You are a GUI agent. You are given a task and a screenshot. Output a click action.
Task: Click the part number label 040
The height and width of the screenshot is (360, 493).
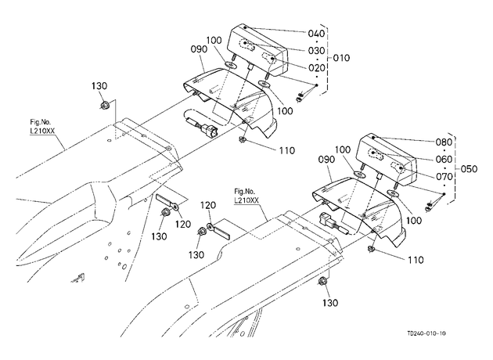[316, 34]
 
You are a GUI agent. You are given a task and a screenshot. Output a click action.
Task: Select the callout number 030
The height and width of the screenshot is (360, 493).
[316, 51]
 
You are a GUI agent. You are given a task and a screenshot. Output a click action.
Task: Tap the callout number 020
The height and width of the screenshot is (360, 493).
[316, 68]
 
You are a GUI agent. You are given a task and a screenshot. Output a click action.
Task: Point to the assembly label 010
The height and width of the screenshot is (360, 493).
[341, 58]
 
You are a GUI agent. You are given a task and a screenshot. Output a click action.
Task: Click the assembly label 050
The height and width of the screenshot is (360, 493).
[469, 169]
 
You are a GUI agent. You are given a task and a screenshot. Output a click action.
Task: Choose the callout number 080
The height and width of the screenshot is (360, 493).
[444, 142]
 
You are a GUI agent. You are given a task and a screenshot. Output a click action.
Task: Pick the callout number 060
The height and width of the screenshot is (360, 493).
[444, 160]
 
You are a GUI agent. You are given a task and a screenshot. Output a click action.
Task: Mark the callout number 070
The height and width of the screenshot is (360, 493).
[444, 177]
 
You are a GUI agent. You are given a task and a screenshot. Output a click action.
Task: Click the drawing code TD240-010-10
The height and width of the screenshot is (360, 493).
[426, 333]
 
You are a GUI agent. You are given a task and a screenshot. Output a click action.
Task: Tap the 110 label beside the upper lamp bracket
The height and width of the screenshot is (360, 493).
[287, 150]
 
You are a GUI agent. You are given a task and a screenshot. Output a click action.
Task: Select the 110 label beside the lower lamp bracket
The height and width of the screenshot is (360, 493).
[416, 260]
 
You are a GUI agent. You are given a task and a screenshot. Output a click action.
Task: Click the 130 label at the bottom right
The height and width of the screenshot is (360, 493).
[330, 303]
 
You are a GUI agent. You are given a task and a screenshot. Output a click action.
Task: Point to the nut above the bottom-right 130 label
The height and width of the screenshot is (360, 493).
[322, 282]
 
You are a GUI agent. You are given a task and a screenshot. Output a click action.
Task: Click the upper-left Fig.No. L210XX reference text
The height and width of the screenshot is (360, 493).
[42, 127]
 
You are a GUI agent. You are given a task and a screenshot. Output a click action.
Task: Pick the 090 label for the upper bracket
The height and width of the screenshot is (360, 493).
[199, 49]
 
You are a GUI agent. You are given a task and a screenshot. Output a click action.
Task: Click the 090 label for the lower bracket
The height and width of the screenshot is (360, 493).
[326, 160]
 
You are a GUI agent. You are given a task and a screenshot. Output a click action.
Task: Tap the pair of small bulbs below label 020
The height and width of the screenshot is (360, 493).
[300, 97]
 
